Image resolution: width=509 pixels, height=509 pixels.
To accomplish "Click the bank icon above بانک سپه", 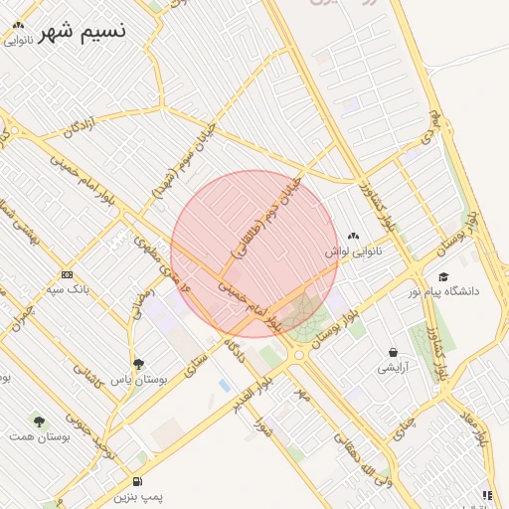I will (x=67, y=274).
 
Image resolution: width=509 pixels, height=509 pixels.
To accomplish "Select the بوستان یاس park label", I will (x=138, y=380).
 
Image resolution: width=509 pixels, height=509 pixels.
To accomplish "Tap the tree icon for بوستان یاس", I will (x=138, y=364).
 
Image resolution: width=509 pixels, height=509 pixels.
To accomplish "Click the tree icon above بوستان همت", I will (x=39, y=422).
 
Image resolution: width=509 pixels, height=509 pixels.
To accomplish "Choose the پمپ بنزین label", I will (x=138, y=494).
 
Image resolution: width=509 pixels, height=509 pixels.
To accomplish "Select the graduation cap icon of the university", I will (x=443, y=276).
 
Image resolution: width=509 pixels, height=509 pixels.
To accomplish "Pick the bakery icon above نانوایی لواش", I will (x=354, y=236).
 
